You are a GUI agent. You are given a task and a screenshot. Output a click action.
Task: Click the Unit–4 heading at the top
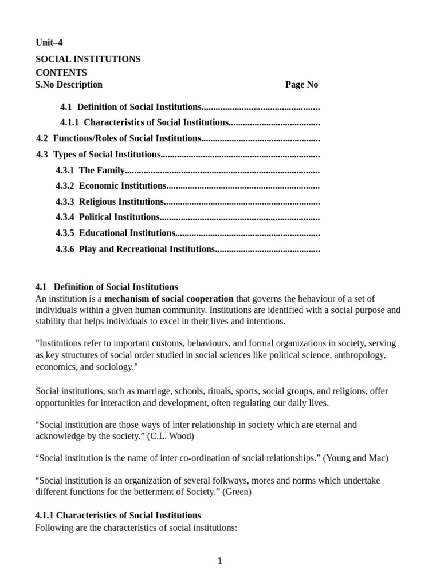(x=49, y=43)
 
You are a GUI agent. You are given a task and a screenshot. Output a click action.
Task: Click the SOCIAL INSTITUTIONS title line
(x=88, y=60)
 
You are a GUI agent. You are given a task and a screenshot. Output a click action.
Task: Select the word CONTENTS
(x=61, y=73)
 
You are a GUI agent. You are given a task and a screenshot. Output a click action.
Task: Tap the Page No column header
(x=301, y=85)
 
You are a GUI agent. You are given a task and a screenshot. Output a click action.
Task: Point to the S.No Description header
(x=69, y=85)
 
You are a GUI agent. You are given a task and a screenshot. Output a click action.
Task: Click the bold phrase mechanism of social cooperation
(x=169, y=299)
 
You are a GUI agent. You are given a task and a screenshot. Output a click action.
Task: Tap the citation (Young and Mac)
(x=355, y=458)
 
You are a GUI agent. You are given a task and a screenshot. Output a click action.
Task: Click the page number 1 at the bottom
(x=220, y=561)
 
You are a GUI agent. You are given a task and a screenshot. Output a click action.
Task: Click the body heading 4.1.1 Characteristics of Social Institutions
(x=118, y=516)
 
